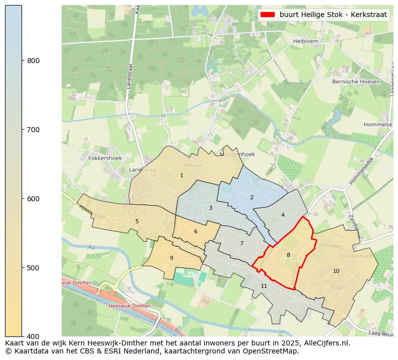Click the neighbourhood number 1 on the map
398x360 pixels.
pyautogui.click(x=181, y=175)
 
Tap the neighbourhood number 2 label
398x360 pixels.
pyautogui.click(x=252, y=197)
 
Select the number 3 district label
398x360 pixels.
pyautogui.click(x=211, y=208)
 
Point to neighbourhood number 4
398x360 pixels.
pyautogui.click(x=283, y=215)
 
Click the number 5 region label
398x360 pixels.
pyautogui.click(x=137, y=221)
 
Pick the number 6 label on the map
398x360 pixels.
pyautogui.click(x=195, y=231)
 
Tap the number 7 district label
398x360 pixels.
pyautogui.click(x=242, y=244)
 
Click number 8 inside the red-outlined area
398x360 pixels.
pyautogui.click(x=288, y=255)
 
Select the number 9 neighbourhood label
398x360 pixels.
pyautogui.click(x=171, y=258)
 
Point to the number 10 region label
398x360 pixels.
pyautogui.click(x=336, y=271)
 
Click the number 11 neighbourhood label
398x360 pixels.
pyautogui.click(x=264, y=286)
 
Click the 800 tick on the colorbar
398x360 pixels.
pyautogui.click(x=33, y=61)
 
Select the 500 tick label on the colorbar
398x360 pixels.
pyautogui.click(x=33, y=268)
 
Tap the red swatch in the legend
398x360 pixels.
pyautogui.click(x=268, y=15)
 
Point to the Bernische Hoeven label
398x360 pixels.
pyautogui.click(x=355, y=81)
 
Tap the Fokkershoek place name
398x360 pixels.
pyautogui.click(x=105, y=158)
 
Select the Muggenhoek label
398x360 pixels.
pyautogui.click(x=237, y=154)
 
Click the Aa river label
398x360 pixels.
pyautogui.click(x=91, y=247)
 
